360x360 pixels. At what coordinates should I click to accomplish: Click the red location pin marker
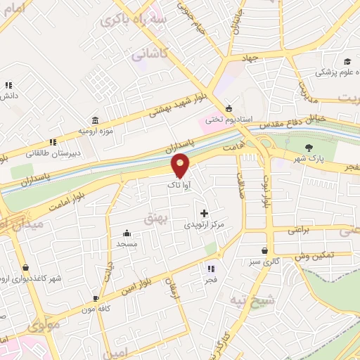(x=181, y=165)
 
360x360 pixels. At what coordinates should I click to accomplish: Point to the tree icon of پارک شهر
(x=309, y=147)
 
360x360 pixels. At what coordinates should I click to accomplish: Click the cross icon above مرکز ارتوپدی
(x=204, y=212)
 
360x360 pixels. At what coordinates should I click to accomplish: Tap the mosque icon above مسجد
(x=127, y=233)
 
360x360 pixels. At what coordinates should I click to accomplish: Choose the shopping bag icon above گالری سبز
(x=264, y=250)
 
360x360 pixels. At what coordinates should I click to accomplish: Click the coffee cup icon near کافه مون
(x=96, y=298)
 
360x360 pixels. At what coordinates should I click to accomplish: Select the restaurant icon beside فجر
(x=210, y=268)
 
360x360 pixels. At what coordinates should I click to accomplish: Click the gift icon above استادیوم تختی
(x=229, y=108)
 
